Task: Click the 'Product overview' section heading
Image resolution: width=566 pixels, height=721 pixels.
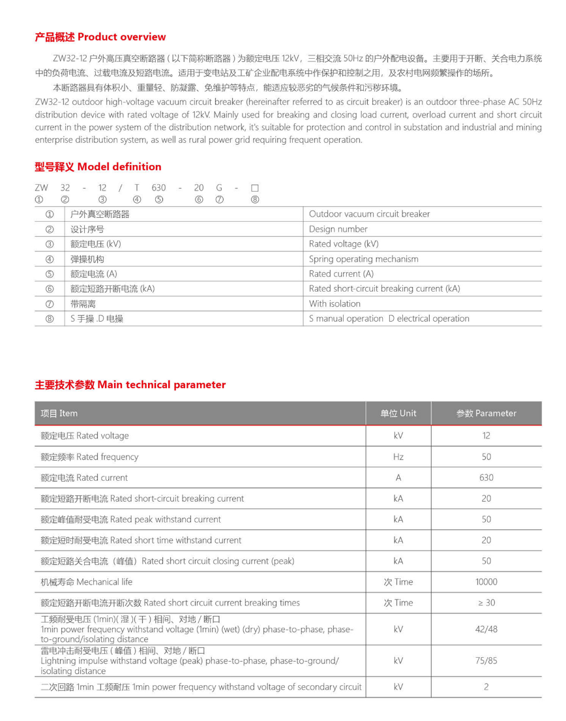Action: click(100, 37)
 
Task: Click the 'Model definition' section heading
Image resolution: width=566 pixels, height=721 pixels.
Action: click(98, 167)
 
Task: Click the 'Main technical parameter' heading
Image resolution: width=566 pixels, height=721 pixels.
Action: click(130, 385)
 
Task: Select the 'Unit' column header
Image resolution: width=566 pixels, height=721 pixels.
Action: click(398, 413)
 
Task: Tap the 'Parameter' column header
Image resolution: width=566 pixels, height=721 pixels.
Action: click(486, 413)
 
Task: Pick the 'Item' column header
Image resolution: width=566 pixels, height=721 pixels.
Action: click(59, 413)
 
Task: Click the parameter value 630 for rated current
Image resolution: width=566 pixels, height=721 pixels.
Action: click(486, 478)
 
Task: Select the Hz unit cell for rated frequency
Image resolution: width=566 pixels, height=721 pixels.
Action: click(398, 457)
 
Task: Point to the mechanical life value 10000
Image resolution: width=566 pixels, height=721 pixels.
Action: click(486, 582)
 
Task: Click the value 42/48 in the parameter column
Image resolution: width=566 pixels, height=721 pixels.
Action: click(486, 630)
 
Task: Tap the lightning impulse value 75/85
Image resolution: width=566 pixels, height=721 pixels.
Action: click(486, 660)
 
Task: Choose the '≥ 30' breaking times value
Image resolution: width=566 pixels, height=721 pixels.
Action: click(486, 603)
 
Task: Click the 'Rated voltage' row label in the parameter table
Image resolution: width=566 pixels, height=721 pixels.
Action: click(85, 436)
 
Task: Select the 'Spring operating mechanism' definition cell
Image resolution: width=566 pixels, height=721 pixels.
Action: click(363, 259)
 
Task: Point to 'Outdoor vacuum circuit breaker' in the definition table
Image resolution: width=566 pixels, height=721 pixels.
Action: click(369, 214)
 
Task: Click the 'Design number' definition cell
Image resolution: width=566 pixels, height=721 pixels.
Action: click(338, 229)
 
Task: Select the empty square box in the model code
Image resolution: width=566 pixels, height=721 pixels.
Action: click(255, 188)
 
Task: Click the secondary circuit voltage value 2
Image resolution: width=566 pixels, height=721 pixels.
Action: click(486, 687)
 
